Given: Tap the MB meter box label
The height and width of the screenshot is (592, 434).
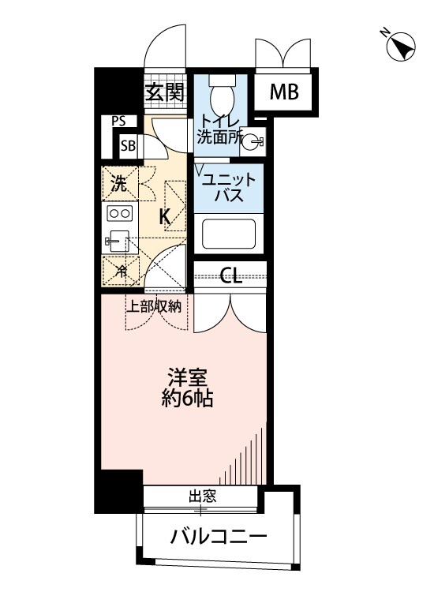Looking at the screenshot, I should [x=285, y=92].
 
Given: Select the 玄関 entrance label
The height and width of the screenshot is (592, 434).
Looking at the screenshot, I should [x=164, y=93].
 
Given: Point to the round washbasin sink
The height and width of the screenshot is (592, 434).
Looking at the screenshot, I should [x=251, y=143].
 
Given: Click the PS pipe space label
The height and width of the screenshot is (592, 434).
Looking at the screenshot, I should [x=118, y=122].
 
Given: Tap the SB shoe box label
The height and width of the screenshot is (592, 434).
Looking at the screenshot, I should [x=127, y=145].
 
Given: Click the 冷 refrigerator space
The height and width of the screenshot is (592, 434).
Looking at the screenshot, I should [x=121, y=271].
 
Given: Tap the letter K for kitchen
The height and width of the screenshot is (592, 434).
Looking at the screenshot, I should [x=166, y=216].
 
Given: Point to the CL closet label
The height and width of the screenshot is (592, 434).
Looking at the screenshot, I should [x=230, y=275].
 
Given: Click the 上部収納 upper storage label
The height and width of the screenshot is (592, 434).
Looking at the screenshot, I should [x=155, y=306].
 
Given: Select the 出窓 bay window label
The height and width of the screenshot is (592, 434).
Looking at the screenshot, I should [x=202, y=496].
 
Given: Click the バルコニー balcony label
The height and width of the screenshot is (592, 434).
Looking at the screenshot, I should [x=219, y=538].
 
